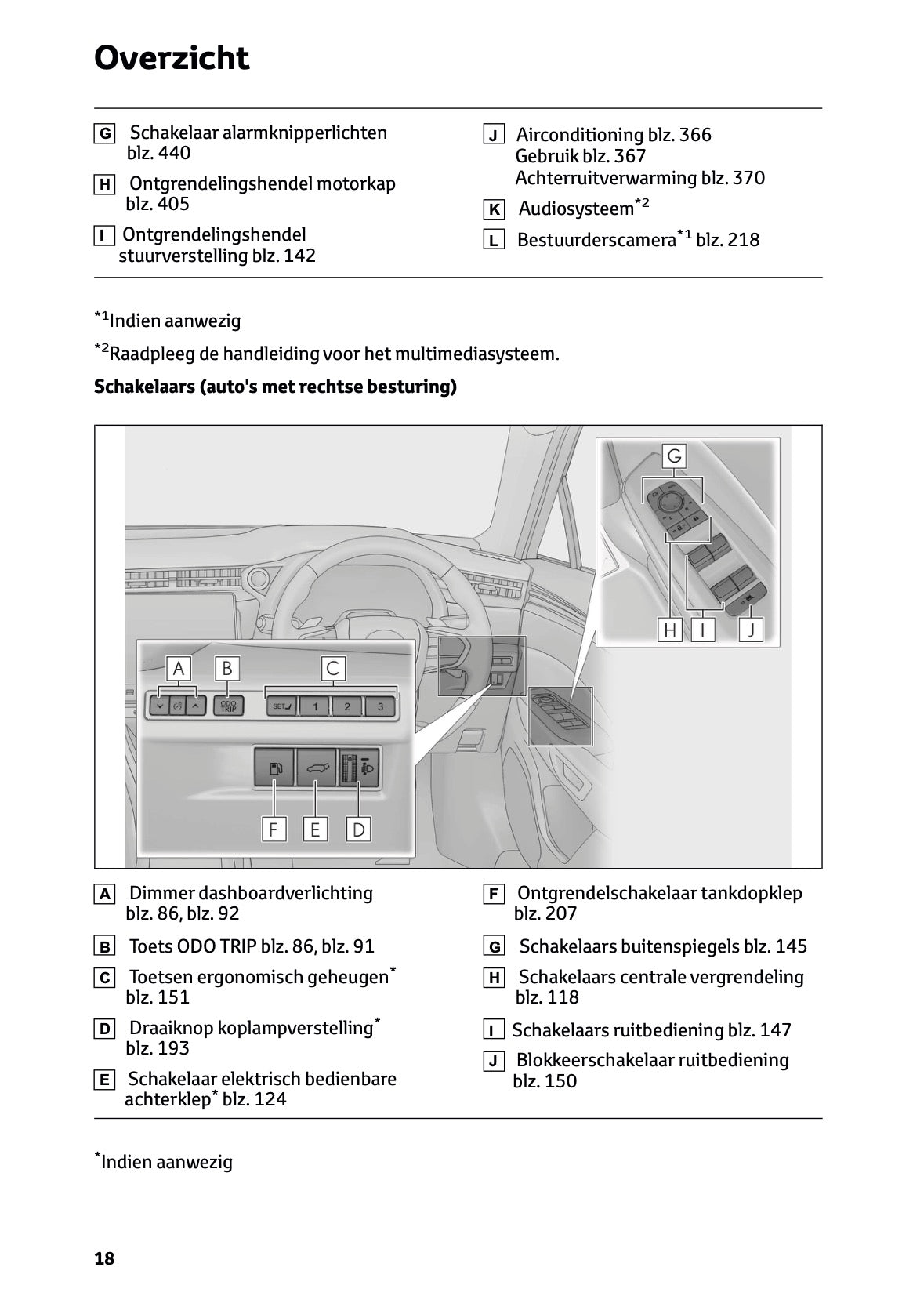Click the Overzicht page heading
(x=172, y=58)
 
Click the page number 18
(x=104, y=1259)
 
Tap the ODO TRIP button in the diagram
(x=228, y=706)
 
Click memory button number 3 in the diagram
(x=380, y=706)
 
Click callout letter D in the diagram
(x=358, y=830)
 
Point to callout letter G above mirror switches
(x=674, y=456)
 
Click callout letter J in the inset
(x=751, y=630)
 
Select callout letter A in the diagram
(x=179, y=669)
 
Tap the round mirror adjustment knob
(x=672, y=499)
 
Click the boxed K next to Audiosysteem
(x=494, y=210)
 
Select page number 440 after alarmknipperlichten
(x=173, y=154)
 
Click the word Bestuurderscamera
(x=596, y=240)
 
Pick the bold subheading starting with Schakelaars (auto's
(x=275, y=387)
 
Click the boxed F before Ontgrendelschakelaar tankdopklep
(x=494, y=894)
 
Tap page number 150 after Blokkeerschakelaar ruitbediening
(x=560, y=1081)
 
